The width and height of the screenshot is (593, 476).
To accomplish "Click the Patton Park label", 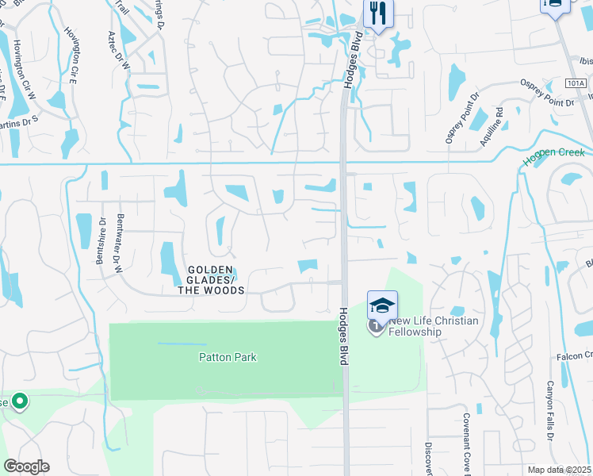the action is (227, 358).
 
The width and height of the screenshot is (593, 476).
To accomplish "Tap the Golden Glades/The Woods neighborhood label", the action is (210, 280).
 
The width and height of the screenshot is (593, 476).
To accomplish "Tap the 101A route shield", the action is (576, 82).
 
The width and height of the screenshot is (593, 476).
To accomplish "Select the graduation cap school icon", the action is (382, 305).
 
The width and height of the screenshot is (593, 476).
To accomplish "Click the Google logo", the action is (26, 466).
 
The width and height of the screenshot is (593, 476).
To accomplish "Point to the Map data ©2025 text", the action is (560, 470).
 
